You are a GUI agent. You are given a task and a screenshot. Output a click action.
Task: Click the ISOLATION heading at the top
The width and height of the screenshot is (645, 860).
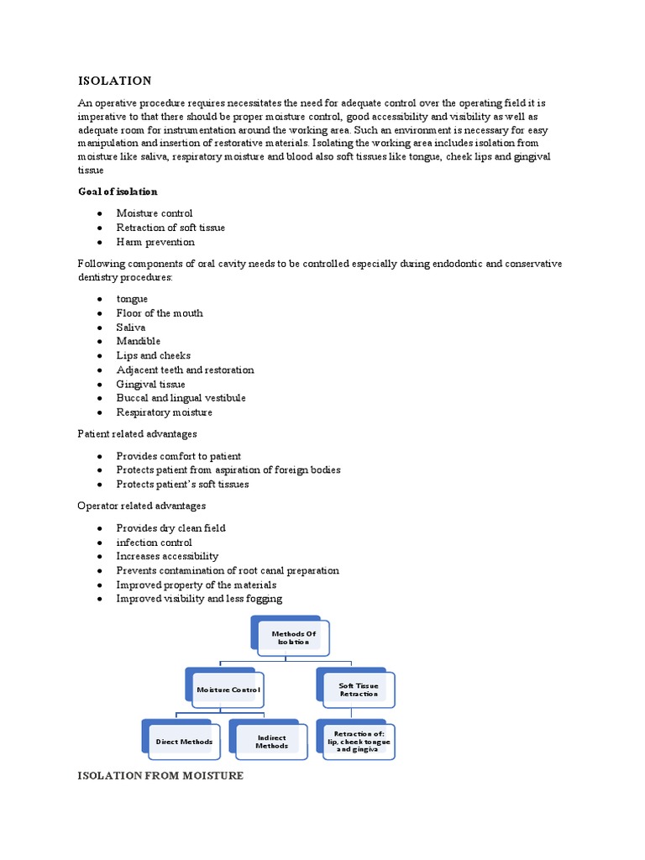click(114, 81)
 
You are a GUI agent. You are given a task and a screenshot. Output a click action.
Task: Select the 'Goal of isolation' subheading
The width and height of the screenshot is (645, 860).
click(118, 191)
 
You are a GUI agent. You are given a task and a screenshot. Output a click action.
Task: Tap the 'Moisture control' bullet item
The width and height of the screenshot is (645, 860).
click(155, 213)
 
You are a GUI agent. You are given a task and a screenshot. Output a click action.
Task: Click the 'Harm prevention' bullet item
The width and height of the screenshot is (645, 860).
click(155, 242)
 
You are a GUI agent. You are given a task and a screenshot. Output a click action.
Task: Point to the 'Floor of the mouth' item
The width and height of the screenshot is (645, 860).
click(160, 313)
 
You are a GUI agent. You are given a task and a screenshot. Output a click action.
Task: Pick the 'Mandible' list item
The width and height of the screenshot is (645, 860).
click(139, 341)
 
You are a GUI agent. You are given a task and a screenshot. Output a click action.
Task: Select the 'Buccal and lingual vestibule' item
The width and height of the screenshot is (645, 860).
click(181, 398)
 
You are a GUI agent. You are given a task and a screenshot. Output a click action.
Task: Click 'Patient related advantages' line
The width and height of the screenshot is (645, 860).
click(137, 434)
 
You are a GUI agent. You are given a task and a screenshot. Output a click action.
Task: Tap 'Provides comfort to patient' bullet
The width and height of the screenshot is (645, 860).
click(179, 456)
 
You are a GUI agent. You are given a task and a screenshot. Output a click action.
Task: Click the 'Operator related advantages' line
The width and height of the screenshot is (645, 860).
click(141, 506)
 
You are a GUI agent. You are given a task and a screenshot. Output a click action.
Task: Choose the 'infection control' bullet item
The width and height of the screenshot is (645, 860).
click(154, 543)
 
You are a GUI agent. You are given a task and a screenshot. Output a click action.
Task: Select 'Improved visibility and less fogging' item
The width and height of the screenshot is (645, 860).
click(199, 599)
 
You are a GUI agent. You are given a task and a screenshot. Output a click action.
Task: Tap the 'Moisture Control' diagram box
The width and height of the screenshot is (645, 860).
click(228, 690)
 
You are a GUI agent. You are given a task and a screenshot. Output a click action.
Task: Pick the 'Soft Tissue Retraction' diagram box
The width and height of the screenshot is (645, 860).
click(359, 690)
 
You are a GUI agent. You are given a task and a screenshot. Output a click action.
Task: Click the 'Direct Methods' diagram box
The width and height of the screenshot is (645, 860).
click(184, 742)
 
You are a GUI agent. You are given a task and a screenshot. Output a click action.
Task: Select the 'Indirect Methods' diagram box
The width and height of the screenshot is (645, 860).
click(271, 742)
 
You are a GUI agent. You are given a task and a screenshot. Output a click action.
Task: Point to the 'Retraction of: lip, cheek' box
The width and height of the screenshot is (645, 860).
click(359, 742)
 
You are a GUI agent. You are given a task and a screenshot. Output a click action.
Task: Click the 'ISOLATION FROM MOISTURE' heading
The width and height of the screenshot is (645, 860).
click(160, 776)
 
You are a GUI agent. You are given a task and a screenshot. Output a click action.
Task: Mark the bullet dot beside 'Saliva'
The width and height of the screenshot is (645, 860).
click(99, 328)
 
